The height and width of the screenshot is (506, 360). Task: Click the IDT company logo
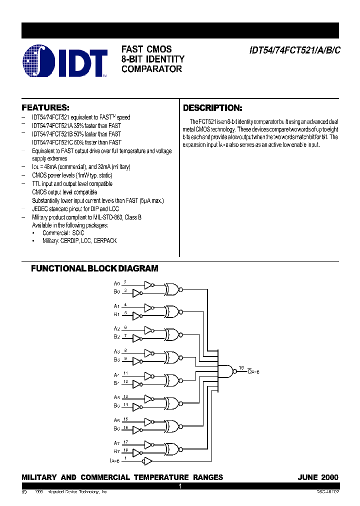(65, 61)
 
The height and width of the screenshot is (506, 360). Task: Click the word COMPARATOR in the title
(151, 69)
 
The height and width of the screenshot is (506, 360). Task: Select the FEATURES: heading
(45, 107)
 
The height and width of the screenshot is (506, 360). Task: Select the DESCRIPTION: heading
(212, 108)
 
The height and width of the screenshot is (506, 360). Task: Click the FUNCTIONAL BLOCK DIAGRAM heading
(94, 268)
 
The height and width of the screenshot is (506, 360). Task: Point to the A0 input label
(116, 283)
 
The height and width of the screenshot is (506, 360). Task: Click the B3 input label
(116, 360)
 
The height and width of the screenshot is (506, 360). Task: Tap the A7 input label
(116, 443)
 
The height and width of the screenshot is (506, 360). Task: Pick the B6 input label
(116, 428)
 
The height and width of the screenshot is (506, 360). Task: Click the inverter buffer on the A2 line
(148, 330)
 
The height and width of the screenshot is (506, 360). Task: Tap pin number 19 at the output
(241, 367)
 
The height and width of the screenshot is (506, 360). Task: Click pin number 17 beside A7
(126, 442)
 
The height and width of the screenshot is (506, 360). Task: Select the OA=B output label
(253, 372)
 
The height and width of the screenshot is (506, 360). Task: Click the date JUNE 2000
(317, 477)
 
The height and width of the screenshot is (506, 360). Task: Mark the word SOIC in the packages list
(77, 233)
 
